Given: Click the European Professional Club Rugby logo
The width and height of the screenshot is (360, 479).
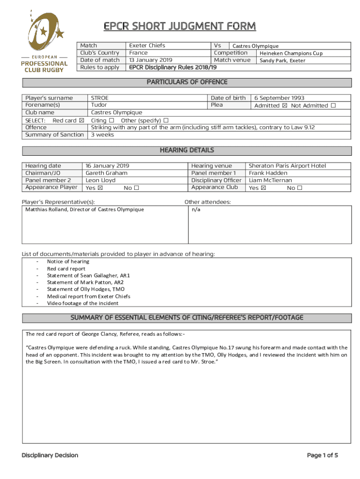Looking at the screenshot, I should point(45,41).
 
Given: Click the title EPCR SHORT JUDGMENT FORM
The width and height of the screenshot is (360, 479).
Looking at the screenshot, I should point(180,26).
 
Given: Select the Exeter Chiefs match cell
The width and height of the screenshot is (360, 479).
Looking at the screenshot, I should point(147,46).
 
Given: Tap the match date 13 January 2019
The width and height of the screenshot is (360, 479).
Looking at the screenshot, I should point(151,60).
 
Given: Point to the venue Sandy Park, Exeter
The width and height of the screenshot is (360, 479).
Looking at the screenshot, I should point(282,60).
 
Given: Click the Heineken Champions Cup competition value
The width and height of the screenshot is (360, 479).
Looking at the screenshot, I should point(291,53).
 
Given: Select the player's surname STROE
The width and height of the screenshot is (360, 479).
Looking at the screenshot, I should point(100,98).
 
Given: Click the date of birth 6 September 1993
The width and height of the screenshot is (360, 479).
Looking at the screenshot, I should point(279,98).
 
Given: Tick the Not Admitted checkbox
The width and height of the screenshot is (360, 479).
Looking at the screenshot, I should point(333,106).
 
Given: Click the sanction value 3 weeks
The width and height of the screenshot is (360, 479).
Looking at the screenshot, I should point(102,135).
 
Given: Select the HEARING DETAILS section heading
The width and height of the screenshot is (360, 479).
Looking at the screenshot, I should point(187,150).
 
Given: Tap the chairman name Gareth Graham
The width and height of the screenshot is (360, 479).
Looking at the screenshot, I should point(107,173).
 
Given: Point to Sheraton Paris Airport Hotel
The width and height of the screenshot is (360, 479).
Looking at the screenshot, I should point(287,166).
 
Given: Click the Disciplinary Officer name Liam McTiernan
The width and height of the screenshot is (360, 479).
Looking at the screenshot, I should point(270,180).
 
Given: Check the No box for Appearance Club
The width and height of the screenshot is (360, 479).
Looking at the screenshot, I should point(300,188).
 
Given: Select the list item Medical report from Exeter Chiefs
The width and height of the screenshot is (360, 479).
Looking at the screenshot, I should point(88,296).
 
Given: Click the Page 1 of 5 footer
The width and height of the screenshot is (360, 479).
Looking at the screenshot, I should point(322,455).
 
